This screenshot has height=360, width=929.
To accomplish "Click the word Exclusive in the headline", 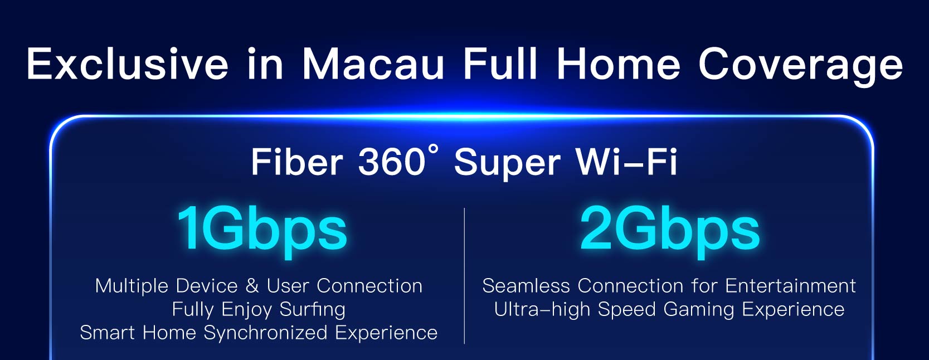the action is (x=127, y=64).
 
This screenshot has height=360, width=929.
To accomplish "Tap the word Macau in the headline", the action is (x=373, y=64).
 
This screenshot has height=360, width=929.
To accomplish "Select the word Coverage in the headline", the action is (x=800, y=66).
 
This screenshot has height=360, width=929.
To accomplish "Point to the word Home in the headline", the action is (x=619, y=64).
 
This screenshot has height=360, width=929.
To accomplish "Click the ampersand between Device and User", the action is (x=252, y=286).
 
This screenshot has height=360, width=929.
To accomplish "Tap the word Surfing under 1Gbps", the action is (x=312, y=310).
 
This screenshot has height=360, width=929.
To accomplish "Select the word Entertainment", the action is (x=790, y=286).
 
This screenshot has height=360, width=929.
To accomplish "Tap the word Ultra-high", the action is (x=542, y=310).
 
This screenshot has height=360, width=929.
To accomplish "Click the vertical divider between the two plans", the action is (x=464, y=276).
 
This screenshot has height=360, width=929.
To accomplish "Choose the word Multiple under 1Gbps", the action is (x=132, y=286).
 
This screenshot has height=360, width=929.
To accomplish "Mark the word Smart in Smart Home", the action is (x=108, y=333).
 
